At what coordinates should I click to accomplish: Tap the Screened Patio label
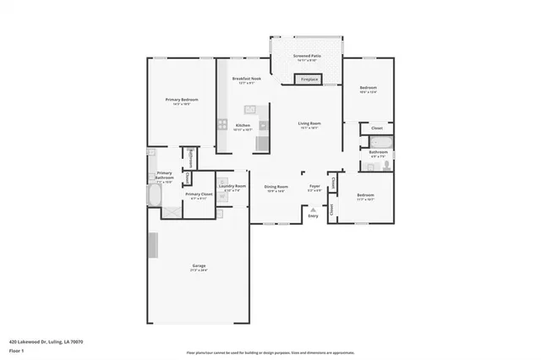click(x=305, y=57)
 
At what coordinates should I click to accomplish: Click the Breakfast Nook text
click(x=246, y=79)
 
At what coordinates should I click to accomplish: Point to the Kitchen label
click(x=243, y=126)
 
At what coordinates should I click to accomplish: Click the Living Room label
click(x=309, y=124)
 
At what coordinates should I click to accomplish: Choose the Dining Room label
click(x=276, y=187)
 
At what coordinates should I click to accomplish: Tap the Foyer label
click(x=314, y=187)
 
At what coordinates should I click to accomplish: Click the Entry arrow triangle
click(x=314, y=210)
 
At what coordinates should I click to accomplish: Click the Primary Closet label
click(x=198, y=194)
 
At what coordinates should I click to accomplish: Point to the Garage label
click(x=198, y=267)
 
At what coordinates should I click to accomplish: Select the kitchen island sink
click(x=250, y=109)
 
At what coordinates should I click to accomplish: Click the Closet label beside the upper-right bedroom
click(x=376, y=128)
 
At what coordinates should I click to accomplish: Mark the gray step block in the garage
click(x=154, y=246)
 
